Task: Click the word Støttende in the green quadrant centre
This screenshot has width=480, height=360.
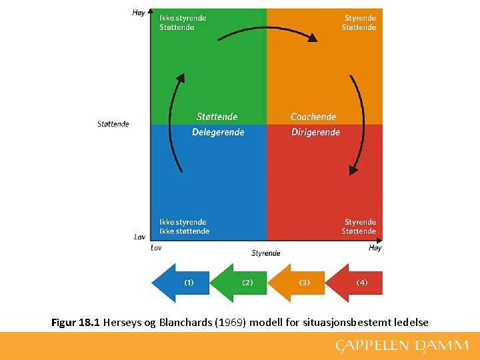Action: (x=217, y=117)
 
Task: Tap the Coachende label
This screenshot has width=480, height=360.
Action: (x=313, y=117)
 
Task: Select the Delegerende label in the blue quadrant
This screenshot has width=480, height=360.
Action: (x=218, y=132)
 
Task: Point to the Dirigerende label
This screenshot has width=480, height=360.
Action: (x=315, y=132)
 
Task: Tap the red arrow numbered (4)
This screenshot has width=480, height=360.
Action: (x=356, y=283)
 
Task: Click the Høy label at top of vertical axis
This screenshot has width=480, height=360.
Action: (x=139, y=13)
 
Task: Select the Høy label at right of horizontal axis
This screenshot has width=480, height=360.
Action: (x=375, y=248)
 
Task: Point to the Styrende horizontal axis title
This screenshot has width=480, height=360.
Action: (x=266, y=253)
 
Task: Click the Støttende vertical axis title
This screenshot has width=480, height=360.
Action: (x=113, y=124)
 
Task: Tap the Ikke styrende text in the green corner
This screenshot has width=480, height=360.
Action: (x=183, y=18)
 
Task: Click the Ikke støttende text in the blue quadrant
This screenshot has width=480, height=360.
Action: (x=184, y=231)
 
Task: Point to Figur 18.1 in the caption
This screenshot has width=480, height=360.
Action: (x=75, y=323)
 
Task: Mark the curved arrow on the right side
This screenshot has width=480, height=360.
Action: (x=359, y=124)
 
